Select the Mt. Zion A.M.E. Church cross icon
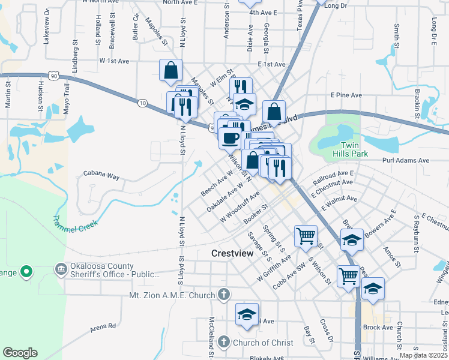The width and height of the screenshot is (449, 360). click(x=224, y=295)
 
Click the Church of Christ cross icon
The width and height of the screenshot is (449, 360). click(x=223, y=342)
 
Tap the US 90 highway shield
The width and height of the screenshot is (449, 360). click(x=54, y=76)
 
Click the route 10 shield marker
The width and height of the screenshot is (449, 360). click(x=142, y=103)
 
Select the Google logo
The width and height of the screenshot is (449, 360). click(x=20, y=352)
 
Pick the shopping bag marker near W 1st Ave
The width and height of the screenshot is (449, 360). click(x=171, y=70)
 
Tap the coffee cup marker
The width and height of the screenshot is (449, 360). click(x=230, y=137)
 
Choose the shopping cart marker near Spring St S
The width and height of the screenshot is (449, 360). click(x=306, y=236)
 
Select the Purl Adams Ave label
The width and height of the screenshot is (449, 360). click(x=407, y=161)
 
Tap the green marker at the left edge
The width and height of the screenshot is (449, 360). click(x=26, y=272)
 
